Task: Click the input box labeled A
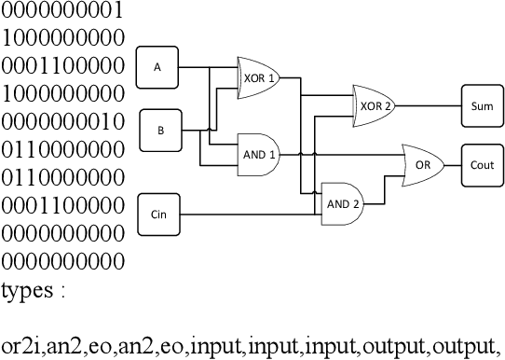[x=157, y=67]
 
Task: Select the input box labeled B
[x=160, y=131]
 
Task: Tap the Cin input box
[x=158, y=215]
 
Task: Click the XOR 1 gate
[x=260, y=78]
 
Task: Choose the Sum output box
[x=482, y=106]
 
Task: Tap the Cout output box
[x=482, y=163]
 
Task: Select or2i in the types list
[x=19, y=346]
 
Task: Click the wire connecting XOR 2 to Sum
[x=429, y=106]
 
